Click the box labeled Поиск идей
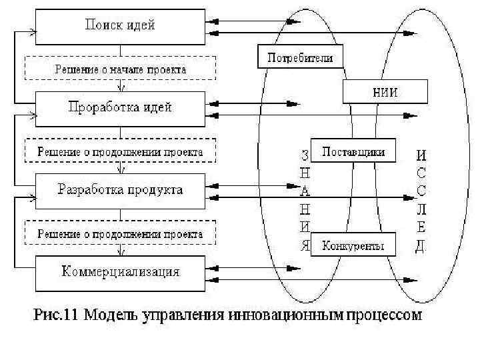click(119, 26)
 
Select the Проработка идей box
click(119, 107)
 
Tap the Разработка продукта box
click(119, 190)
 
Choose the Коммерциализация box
click(119, 272)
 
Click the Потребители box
click(299, 57)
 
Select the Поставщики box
click(353, 151)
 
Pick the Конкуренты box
click(353, 245)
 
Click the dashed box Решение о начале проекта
click(119, 68)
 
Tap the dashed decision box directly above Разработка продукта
click(119, 151)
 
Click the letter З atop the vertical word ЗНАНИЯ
click(305, 155)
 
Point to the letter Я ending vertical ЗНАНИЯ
click(305, 245)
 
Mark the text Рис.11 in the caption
click(55, 315)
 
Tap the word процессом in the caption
click(381, 315)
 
